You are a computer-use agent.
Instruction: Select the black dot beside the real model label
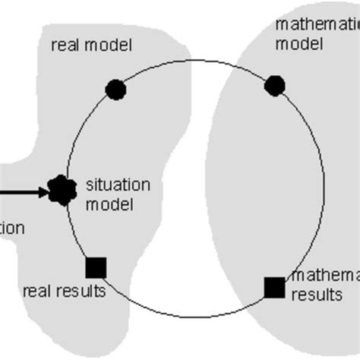[115, 90]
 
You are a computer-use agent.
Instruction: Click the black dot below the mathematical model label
[274, 85]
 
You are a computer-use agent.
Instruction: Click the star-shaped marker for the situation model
[62, 190]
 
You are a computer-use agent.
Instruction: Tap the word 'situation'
[118, 185]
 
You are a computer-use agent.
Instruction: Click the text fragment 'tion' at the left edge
[12, 228]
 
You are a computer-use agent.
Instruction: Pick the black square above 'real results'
[96, 267]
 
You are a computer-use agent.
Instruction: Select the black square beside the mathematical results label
[273, 287]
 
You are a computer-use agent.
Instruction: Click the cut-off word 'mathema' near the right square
[326, 276]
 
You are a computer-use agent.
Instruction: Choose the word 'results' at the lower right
[317, 295]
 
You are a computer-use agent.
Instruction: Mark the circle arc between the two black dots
[195, 60]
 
